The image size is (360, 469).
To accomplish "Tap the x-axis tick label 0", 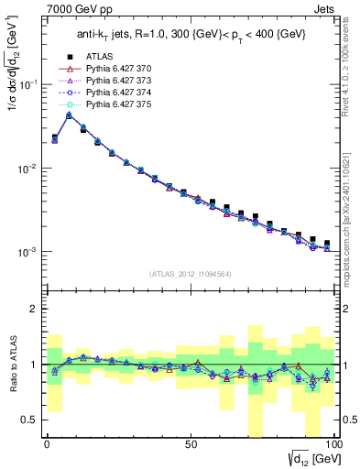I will (47, 444).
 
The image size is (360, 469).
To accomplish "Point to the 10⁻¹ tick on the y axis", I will (29, 84).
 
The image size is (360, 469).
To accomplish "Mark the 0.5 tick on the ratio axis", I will (31, 420).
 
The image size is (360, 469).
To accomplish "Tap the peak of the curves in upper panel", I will (69, 115).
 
